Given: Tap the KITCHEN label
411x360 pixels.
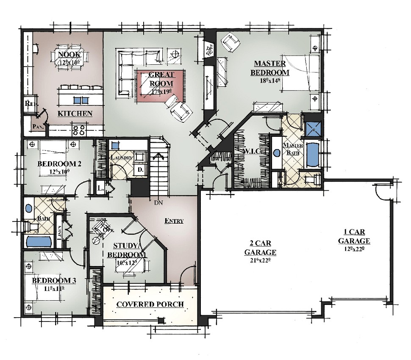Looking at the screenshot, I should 75,114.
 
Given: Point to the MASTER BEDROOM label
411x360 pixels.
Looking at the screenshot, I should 269,68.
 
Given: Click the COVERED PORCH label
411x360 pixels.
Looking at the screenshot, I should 150,304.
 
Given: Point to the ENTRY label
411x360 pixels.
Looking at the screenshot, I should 174,221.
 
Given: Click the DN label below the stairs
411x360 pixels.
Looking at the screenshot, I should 158,203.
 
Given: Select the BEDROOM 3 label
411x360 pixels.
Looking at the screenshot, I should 54,281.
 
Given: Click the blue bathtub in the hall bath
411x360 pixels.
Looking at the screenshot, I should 38,242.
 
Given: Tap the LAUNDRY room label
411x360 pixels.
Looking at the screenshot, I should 122,158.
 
